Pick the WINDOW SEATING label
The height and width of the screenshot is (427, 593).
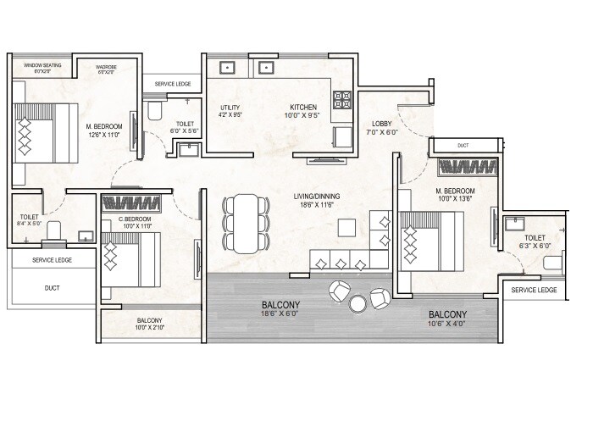tap(43, 65)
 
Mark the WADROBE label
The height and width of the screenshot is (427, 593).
tap(106, 65)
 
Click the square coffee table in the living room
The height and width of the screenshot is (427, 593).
tap(346, 228)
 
